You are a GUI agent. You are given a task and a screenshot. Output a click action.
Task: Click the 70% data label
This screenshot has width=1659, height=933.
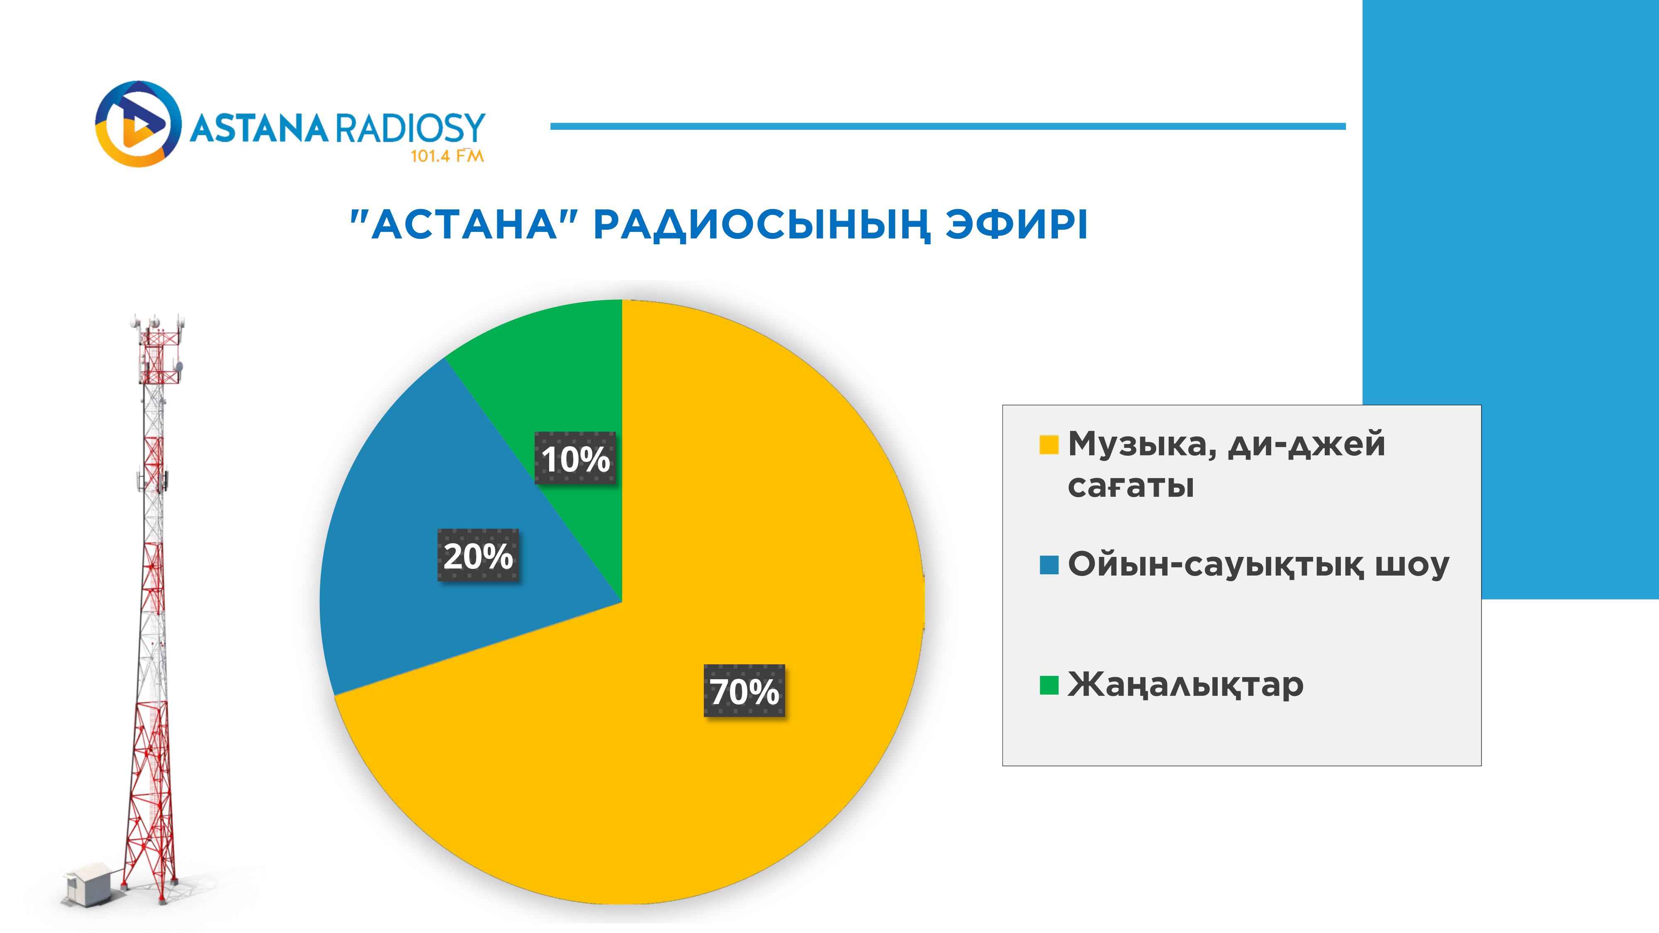click(744, 691)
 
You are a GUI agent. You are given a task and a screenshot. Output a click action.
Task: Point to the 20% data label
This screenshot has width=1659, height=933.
click(478, 555)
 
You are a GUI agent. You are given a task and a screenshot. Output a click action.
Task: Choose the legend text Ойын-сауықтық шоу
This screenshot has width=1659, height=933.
click(1258, 565)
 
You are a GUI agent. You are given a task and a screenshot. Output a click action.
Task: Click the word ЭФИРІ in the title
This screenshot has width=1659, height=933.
click(1016, 225)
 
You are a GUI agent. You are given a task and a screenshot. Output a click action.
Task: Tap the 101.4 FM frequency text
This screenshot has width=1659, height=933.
click(447, 156)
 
